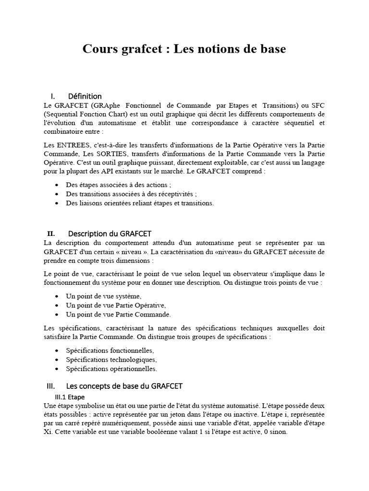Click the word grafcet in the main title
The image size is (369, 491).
click(x=137, y=49)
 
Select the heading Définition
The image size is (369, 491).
click(x=85, y=96)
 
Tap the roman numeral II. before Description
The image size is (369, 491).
click(x=51, y=234)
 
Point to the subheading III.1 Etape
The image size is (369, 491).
click(x=70, y=397)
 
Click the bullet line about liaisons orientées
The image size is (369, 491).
click(x=139, y=203)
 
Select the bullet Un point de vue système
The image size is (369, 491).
click(x=103, y=296)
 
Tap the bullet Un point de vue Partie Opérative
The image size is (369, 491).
click(x=116, y=305)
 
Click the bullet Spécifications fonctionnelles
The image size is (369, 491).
click(x=110, y=351)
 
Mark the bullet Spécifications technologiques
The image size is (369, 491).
click(x=111, y=360)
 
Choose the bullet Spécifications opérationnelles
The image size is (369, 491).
click(x=111, y=369)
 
